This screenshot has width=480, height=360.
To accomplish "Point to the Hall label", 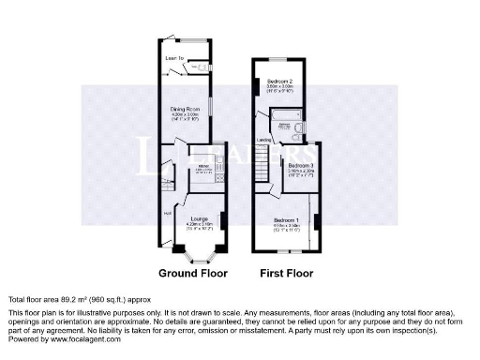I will [x=168, y=212].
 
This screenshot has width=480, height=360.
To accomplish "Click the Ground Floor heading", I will [x=194, y=275].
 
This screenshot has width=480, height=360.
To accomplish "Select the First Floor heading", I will [x=286, y=275].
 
